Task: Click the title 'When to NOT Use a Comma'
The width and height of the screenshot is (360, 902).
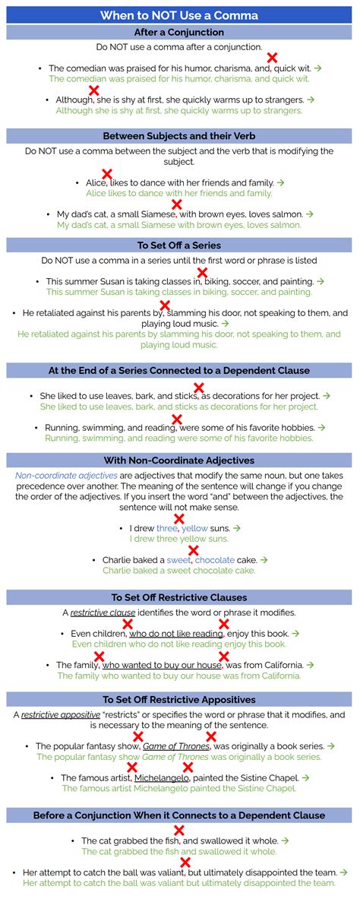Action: [179, 15]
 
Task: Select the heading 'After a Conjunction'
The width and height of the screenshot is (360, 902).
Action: [179, 33]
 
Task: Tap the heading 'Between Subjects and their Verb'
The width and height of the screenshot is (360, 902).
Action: [179, 136]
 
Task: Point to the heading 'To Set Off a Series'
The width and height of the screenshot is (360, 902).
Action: [179, 245]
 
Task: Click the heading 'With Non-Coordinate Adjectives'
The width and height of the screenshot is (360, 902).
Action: [179, 460]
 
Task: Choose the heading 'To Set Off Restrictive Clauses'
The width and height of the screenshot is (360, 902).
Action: [179, 597]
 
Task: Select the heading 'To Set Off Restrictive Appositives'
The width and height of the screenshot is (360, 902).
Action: [179, 700]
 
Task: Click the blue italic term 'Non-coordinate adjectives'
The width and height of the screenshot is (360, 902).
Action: [66, 476]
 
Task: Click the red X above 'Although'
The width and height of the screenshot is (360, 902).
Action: [94, 90]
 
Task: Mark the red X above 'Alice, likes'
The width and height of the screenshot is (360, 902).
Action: [107, 174]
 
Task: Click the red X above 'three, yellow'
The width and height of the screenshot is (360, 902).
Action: [180, 519]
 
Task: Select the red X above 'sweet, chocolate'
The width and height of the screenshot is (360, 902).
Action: [194, 551]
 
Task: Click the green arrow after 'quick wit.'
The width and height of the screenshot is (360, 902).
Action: [318, 68]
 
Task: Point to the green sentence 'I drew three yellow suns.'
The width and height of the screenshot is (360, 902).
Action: [179, 539]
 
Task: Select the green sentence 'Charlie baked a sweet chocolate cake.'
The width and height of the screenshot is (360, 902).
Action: [180, 571]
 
